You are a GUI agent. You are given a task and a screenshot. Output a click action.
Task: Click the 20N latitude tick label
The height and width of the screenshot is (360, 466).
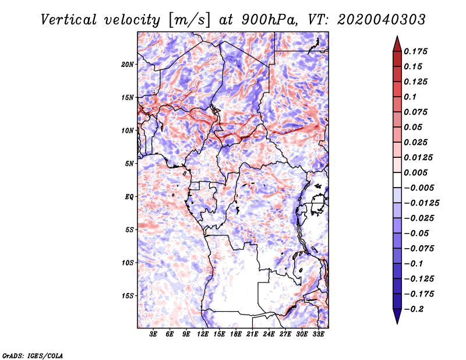point(127,65)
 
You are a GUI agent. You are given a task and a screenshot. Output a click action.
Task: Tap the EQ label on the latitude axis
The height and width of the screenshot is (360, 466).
point(129,197)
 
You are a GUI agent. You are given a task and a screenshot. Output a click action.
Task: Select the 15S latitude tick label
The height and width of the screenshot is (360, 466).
point(128,296)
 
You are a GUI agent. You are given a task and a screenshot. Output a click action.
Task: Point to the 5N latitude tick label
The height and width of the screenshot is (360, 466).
point(129,164)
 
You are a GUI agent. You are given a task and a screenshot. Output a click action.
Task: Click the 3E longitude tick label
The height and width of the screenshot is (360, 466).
point(153,334)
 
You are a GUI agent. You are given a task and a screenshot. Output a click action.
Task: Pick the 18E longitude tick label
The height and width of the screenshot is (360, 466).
point(236,334)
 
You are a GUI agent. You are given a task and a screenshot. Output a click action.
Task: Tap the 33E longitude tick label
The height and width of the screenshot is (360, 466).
point(318,334)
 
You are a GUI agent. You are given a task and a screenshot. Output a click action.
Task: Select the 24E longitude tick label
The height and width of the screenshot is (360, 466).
point(269,334)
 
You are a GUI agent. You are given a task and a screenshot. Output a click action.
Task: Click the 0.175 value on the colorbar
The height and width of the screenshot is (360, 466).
point(415,51)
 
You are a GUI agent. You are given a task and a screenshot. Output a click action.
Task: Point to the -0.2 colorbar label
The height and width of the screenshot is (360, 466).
point(414,309)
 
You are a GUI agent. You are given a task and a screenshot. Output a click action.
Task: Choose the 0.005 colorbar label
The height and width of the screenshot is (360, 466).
point(415,172)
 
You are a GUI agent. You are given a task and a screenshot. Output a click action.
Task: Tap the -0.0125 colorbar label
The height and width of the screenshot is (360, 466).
point(421,203)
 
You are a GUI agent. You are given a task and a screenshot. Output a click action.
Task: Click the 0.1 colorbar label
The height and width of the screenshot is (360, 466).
point(410,97)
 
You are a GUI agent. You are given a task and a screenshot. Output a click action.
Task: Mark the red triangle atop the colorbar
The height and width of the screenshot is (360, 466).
point(397,44)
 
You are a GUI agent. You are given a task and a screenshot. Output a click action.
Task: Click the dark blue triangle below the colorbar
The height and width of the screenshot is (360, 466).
point(397,316)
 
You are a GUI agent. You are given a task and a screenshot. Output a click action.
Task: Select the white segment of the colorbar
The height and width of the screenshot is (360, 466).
point(397,180)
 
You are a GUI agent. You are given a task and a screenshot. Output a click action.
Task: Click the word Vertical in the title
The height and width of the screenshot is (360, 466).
point(69,20)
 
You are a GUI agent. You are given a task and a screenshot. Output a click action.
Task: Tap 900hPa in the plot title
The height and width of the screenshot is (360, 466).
point(269,20)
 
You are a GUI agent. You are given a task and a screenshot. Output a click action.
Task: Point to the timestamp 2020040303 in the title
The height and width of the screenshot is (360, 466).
point(382,20)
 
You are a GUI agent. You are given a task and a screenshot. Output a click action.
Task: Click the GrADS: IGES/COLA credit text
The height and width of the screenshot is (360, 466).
point(33,355)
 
